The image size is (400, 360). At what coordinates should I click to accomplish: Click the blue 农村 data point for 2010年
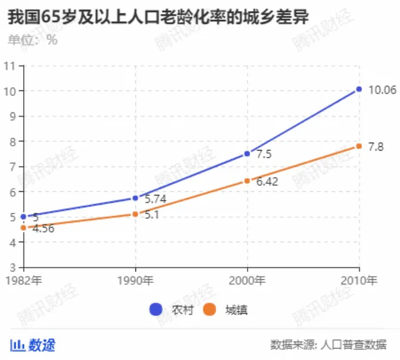point(359,89)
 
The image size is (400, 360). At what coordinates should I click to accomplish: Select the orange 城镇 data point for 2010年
point(359,146)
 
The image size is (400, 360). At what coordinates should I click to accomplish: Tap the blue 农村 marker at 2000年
point(247,154)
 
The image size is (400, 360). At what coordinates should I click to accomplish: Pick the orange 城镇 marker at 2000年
point(247,181)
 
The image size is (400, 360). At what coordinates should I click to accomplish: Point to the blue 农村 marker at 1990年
point(135,198)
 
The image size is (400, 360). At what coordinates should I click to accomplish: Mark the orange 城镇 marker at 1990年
point(135,214)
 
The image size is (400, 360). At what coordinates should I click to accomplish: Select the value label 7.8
point(376,147)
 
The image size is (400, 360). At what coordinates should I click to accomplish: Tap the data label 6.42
point(266,182)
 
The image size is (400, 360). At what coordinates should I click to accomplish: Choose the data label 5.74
point(155,199)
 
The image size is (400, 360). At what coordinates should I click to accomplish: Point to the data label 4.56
point(43,229)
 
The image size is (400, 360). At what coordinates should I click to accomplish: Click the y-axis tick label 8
point(12,141)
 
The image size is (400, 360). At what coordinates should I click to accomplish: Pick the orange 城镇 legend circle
point(210,310)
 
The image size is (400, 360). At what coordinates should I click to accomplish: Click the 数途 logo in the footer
point(33,345)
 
